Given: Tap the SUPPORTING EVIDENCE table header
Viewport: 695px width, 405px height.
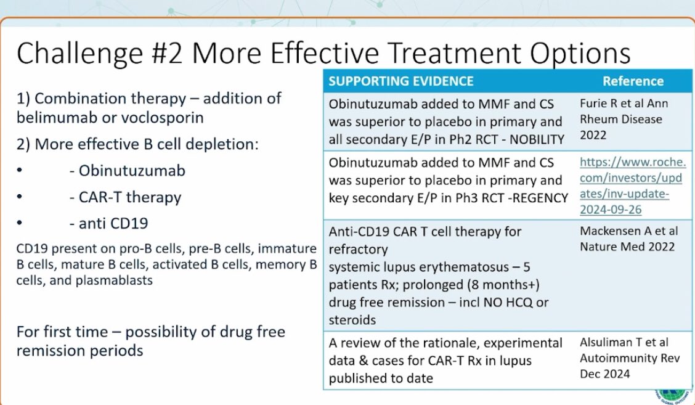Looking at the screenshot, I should tap(401, 81).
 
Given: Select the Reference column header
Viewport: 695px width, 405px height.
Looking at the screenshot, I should tap(633, 81).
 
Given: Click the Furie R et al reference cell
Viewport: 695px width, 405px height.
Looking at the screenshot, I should tap(624, 118).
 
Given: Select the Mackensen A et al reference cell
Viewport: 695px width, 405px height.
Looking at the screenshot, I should tap(627, 239).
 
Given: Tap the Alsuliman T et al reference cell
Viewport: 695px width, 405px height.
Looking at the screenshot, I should tap(624, 359).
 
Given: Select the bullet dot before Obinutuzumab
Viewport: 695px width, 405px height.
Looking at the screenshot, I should tap(20, 171).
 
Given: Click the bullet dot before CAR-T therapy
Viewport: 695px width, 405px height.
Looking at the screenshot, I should tap(20, 198).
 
